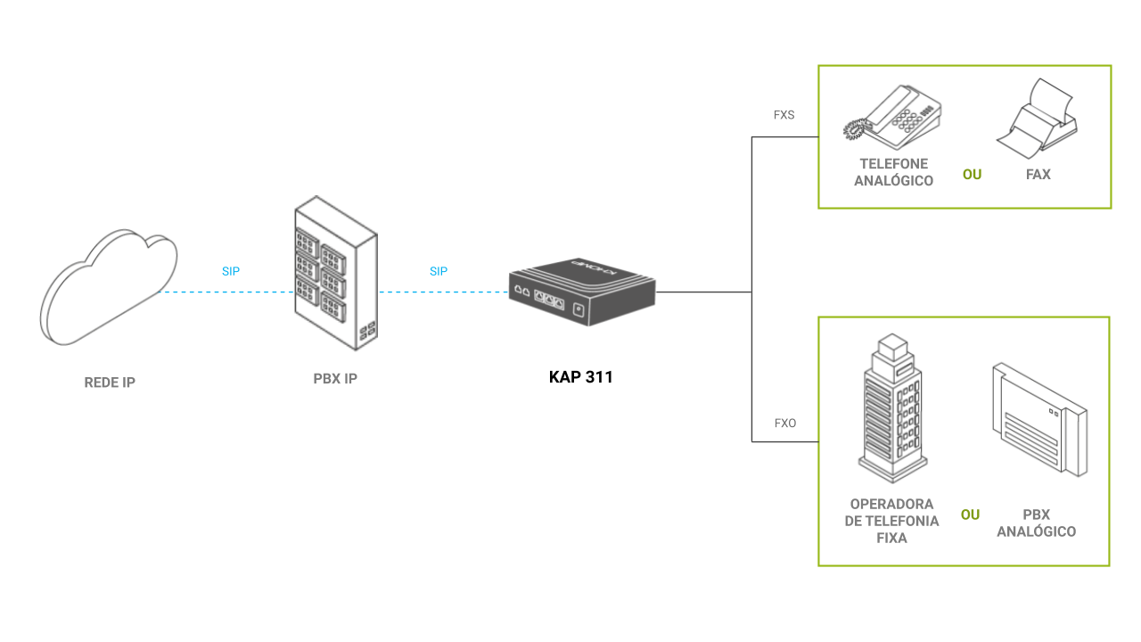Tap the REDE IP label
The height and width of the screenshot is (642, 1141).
point(110,383)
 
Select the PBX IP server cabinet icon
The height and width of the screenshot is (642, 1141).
point(336,273)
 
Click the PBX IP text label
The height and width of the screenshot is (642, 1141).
point(335,379)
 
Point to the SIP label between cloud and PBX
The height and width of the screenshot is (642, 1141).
point(231,271)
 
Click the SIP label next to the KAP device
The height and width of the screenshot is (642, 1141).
point(439,271)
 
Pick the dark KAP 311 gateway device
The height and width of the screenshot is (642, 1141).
point(582,292)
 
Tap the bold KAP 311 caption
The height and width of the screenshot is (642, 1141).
point(580,377)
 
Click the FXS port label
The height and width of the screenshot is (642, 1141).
point(784,115)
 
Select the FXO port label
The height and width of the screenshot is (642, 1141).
point(785,423)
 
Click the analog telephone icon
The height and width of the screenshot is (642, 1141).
point(892,117)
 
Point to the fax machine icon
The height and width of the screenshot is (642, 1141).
point(1037,119)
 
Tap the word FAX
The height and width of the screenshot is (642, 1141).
point(1038,174)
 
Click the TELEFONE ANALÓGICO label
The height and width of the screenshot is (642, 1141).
point(893,172)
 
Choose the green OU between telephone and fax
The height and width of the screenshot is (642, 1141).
point(972,174)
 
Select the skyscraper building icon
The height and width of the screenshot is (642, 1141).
point(892,407)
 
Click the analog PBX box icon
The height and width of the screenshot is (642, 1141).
point(1039,419)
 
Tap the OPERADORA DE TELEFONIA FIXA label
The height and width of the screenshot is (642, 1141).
point(891,521)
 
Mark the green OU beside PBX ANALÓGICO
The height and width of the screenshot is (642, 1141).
point(971,514)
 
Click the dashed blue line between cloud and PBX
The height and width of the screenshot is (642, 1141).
point(226,292)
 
